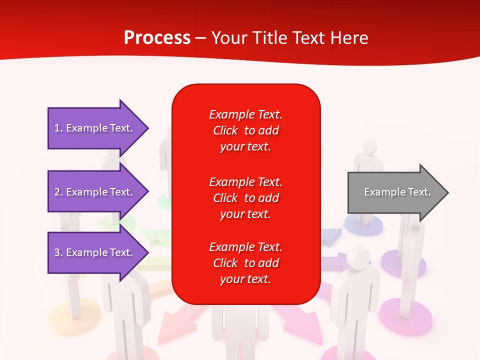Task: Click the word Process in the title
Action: [157, 37]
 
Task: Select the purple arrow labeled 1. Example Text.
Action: [98, 128]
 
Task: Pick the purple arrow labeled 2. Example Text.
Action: [98, 191]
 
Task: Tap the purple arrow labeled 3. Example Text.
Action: [98, 252]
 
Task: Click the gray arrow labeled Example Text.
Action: [398, 192]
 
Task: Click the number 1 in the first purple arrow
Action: [57, 128]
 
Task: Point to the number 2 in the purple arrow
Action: [57, 192]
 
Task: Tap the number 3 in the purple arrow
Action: [57, 252]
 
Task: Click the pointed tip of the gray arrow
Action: [448, 192]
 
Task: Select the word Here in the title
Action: [349, 37]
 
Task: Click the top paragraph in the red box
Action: [246, 130]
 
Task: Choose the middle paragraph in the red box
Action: [246, 198]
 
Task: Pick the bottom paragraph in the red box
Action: [246, 262]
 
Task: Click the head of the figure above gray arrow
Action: [369, 146]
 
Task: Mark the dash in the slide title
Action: [201, 38]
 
